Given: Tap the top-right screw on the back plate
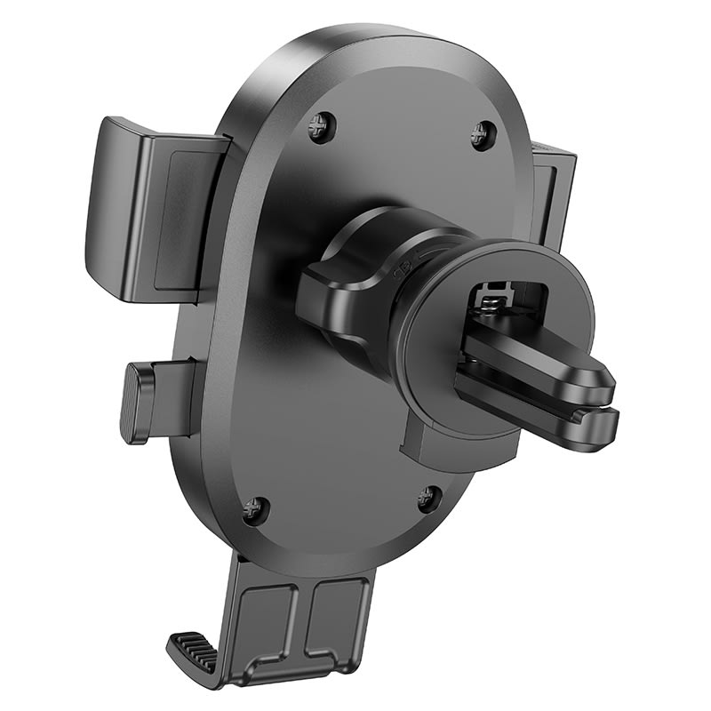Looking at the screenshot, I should pos(483,134).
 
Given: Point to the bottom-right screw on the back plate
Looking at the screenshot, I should pos(428,498).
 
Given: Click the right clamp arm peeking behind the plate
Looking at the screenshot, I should pos(555,196).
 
